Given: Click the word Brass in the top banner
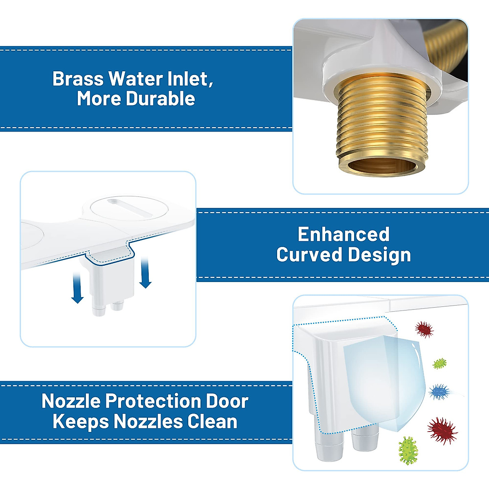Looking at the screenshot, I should pyautogui.click(x=78, y=79).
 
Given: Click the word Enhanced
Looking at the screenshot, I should pyautogui.click(x=343, y=234).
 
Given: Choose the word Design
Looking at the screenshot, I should pyautogui.click(x=379, y=255).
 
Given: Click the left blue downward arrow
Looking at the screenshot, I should pyautogui.click(x=77, y=288).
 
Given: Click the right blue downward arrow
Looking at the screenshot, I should pyautogui.click(x=145, y=272).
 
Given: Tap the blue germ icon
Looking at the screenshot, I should pyautogui.click(x=439, y=392).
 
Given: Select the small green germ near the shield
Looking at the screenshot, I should pyautogui.click(x=440, y=363).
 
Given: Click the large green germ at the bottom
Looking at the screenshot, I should pyautogui.click(x=408, y=450).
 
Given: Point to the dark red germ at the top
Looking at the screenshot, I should pyautogui.click(x=424, y=329).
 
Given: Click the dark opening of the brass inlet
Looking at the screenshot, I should pyautogui.click(x=383, y=167).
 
